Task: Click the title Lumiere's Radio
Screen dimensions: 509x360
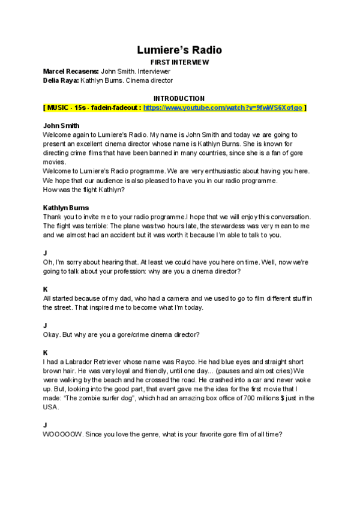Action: point(180,50)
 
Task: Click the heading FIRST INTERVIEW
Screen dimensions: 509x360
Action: point(179,62)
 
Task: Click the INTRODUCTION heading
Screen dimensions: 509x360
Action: point(179,98)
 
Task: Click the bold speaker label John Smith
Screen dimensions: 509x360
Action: point(61,125)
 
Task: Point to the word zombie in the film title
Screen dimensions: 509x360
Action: point(87,398)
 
